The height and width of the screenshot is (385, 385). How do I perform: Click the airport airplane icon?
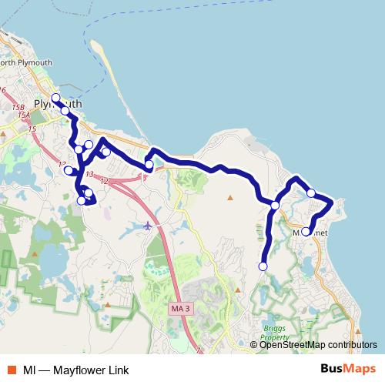click(x=149, y=226)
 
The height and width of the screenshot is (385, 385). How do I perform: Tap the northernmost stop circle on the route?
click(x=55, y=98)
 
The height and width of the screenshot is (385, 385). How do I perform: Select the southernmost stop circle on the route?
click(x=263, y=266)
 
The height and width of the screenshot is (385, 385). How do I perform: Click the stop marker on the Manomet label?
click(x=306, y=231)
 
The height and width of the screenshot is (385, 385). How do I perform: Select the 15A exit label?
click(x=24, y=115)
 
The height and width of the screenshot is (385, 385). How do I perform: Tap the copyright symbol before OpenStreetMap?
click(x=254, y=344)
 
